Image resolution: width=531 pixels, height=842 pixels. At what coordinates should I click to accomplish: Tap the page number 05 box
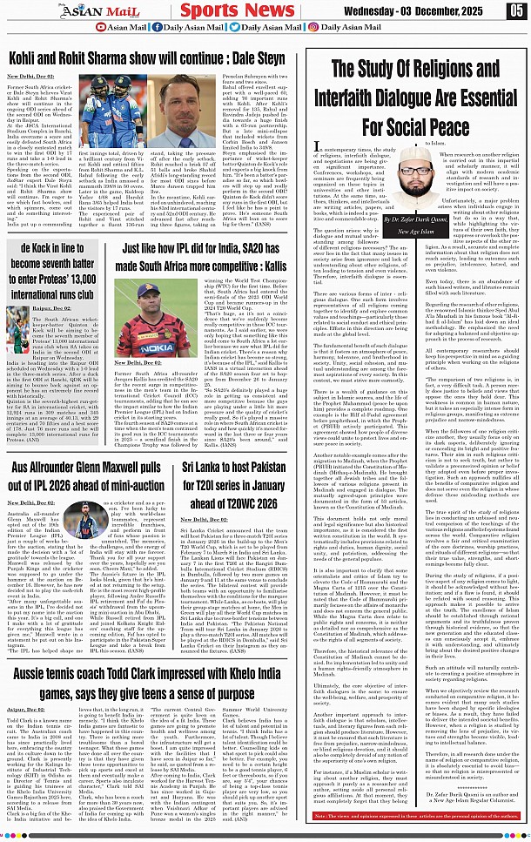517,10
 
